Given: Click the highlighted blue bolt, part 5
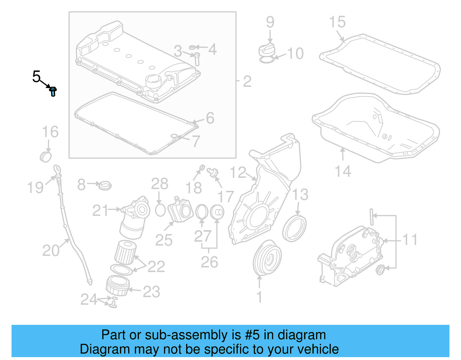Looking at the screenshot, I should click(x=53, y=91).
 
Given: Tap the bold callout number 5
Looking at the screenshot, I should click(x=36, y=77).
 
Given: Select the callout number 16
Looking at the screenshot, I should click(x=50, y=132).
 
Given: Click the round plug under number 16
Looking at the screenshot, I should click(x=46, y=157).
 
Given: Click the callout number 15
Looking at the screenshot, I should click(x=337, y=22).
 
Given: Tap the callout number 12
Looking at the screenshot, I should click(x=238, y=173).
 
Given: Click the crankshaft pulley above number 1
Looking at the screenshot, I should click(x=267, y=258).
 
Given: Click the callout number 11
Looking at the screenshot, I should click(x=410, y=240).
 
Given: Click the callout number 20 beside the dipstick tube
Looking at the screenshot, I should click(x=51, y=250).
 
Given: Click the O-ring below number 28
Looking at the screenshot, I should click(x=160, y=210).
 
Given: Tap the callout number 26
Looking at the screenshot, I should click(x=209, y=262).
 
